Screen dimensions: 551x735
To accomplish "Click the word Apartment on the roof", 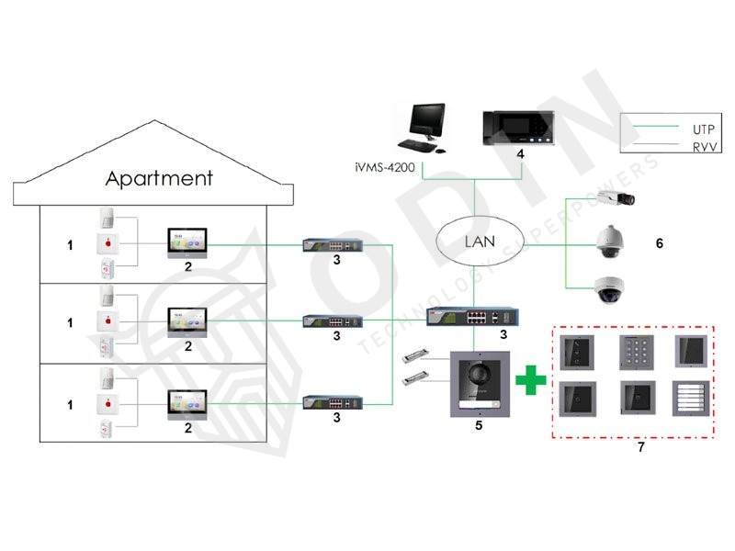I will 159,177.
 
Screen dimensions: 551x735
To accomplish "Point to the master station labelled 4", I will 519,131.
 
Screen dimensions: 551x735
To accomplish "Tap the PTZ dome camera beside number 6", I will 610,242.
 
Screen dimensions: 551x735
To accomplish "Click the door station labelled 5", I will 477,387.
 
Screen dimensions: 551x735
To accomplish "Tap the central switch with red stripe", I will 468,317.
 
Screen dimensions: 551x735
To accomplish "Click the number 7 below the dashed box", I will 640,446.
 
